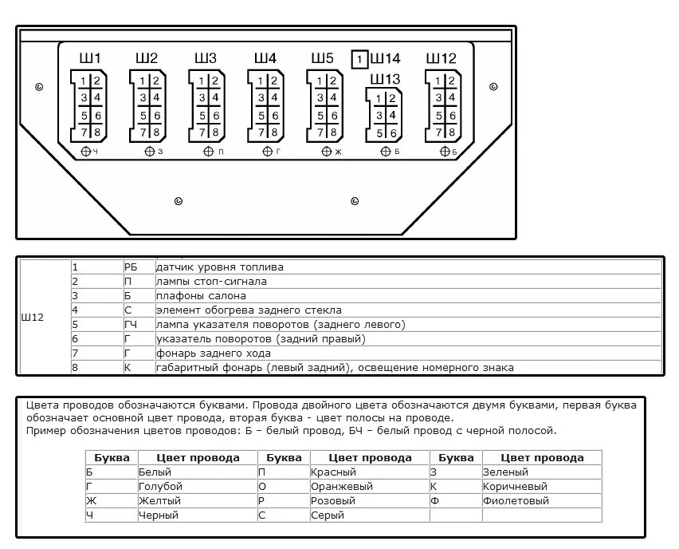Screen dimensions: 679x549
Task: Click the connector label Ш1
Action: (x=90, y=58)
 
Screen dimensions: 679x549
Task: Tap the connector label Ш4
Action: (x=265, y=58)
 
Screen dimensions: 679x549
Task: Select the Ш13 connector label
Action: (x=385, y=79)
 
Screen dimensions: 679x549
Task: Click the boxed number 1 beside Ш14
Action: (x=359, y=59)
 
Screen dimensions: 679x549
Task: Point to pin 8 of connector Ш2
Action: (x=156, y=132)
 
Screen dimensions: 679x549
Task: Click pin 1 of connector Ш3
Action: (x=202, y=81)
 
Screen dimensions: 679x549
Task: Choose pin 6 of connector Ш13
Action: (x=393, y=133)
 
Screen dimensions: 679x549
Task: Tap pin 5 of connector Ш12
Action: (x=438, y=116)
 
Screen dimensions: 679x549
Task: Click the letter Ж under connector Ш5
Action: (x=338, y=152)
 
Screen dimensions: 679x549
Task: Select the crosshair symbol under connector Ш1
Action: (x=86, y=152)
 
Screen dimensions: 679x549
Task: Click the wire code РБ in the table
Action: (x=131, y=267)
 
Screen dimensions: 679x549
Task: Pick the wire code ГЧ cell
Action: (x=131, y=324)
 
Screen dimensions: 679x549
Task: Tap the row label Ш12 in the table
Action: (x=33, y=317)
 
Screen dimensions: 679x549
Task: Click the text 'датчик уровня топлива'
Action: (x=219, y=267)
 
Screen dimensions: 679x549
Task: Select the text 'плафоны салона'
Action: (x=201, y=296)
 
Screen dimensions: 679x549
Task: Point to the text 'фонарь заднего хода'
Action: (x=213, y=353)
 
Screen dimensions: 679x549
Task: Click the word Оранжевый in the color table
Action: (x=342, y=487)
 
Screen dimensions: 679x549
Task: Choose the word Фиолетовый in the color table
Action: (x=516, y=501)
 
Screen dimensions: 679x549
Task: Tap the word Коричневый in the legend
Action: (x=515, y=487)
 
